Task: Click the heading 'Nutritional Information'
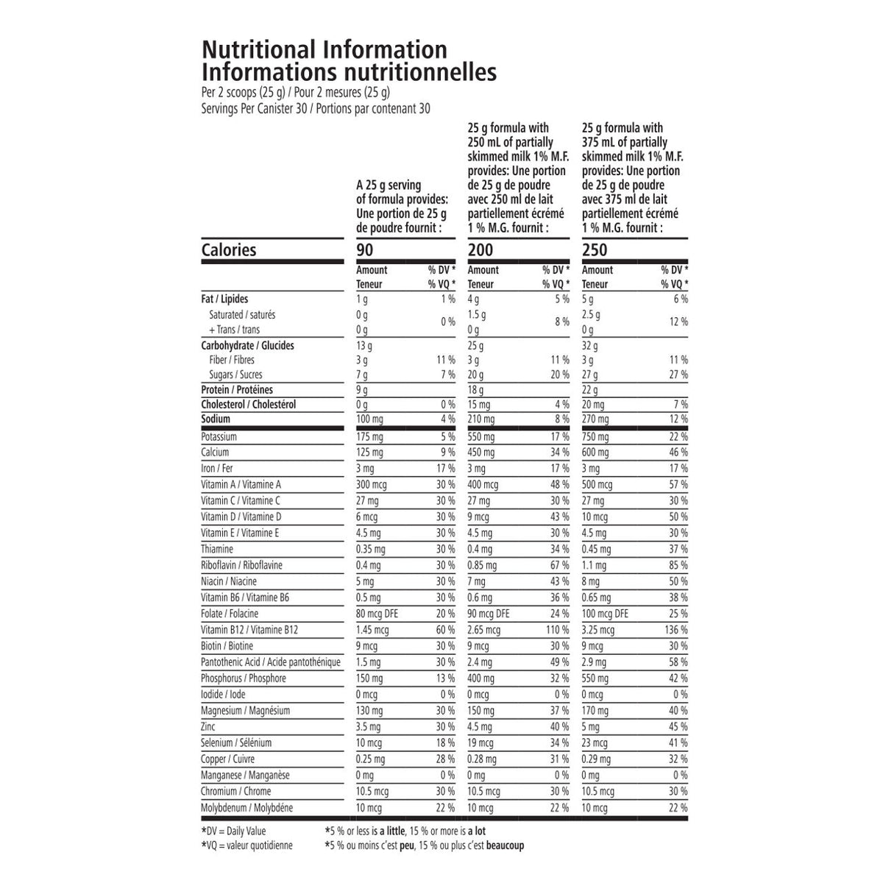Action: click(x=324, y=49)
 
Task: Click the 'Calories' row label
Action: click(x=229, y=249)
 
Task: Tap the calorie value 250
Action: click(x=595, y=250)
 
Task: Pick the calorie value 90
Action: click(x=364, y=250)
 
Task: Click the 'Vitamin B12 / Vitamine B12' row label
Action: click(x=249, y=630)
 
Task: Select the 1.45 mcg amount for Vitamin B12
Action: click(x=372, y=630)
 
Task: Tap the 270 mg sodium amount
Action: click(x=595, y=419)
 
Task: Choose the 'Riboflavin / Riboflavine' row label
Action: click(x=241, y=565)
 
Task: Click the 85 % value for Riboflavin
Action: click(x=678, y=565)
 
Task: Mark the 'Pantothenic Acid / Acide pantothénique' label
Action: click(x=271, y=662)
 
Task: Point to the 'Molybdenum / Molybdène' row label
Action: click(x=247, y=808)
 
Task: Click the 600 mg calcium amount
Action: click(x=595, y=453)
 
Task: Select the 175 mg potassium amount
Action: click(x=369, y=436)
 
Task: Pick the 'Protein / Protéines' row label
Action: click(x=237, y=389)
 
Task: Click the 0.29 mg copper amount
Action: click(x=596, y=759)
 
